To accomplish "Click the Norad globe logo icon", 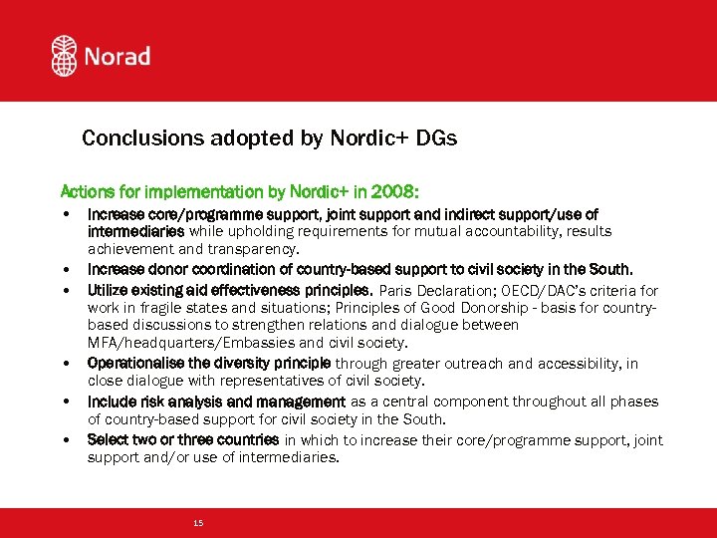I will pos(65,56).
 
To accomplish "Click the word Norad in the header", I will pos(117,57).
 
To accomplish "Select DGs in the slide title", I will pos(439,138).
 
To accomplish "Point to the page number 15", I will pos(198,522).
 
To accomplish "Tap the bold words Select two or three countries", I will pos(183,439).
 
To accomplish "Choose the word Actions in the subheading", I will pos(89,190).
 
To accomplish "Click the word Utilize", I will pos(108,291).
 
